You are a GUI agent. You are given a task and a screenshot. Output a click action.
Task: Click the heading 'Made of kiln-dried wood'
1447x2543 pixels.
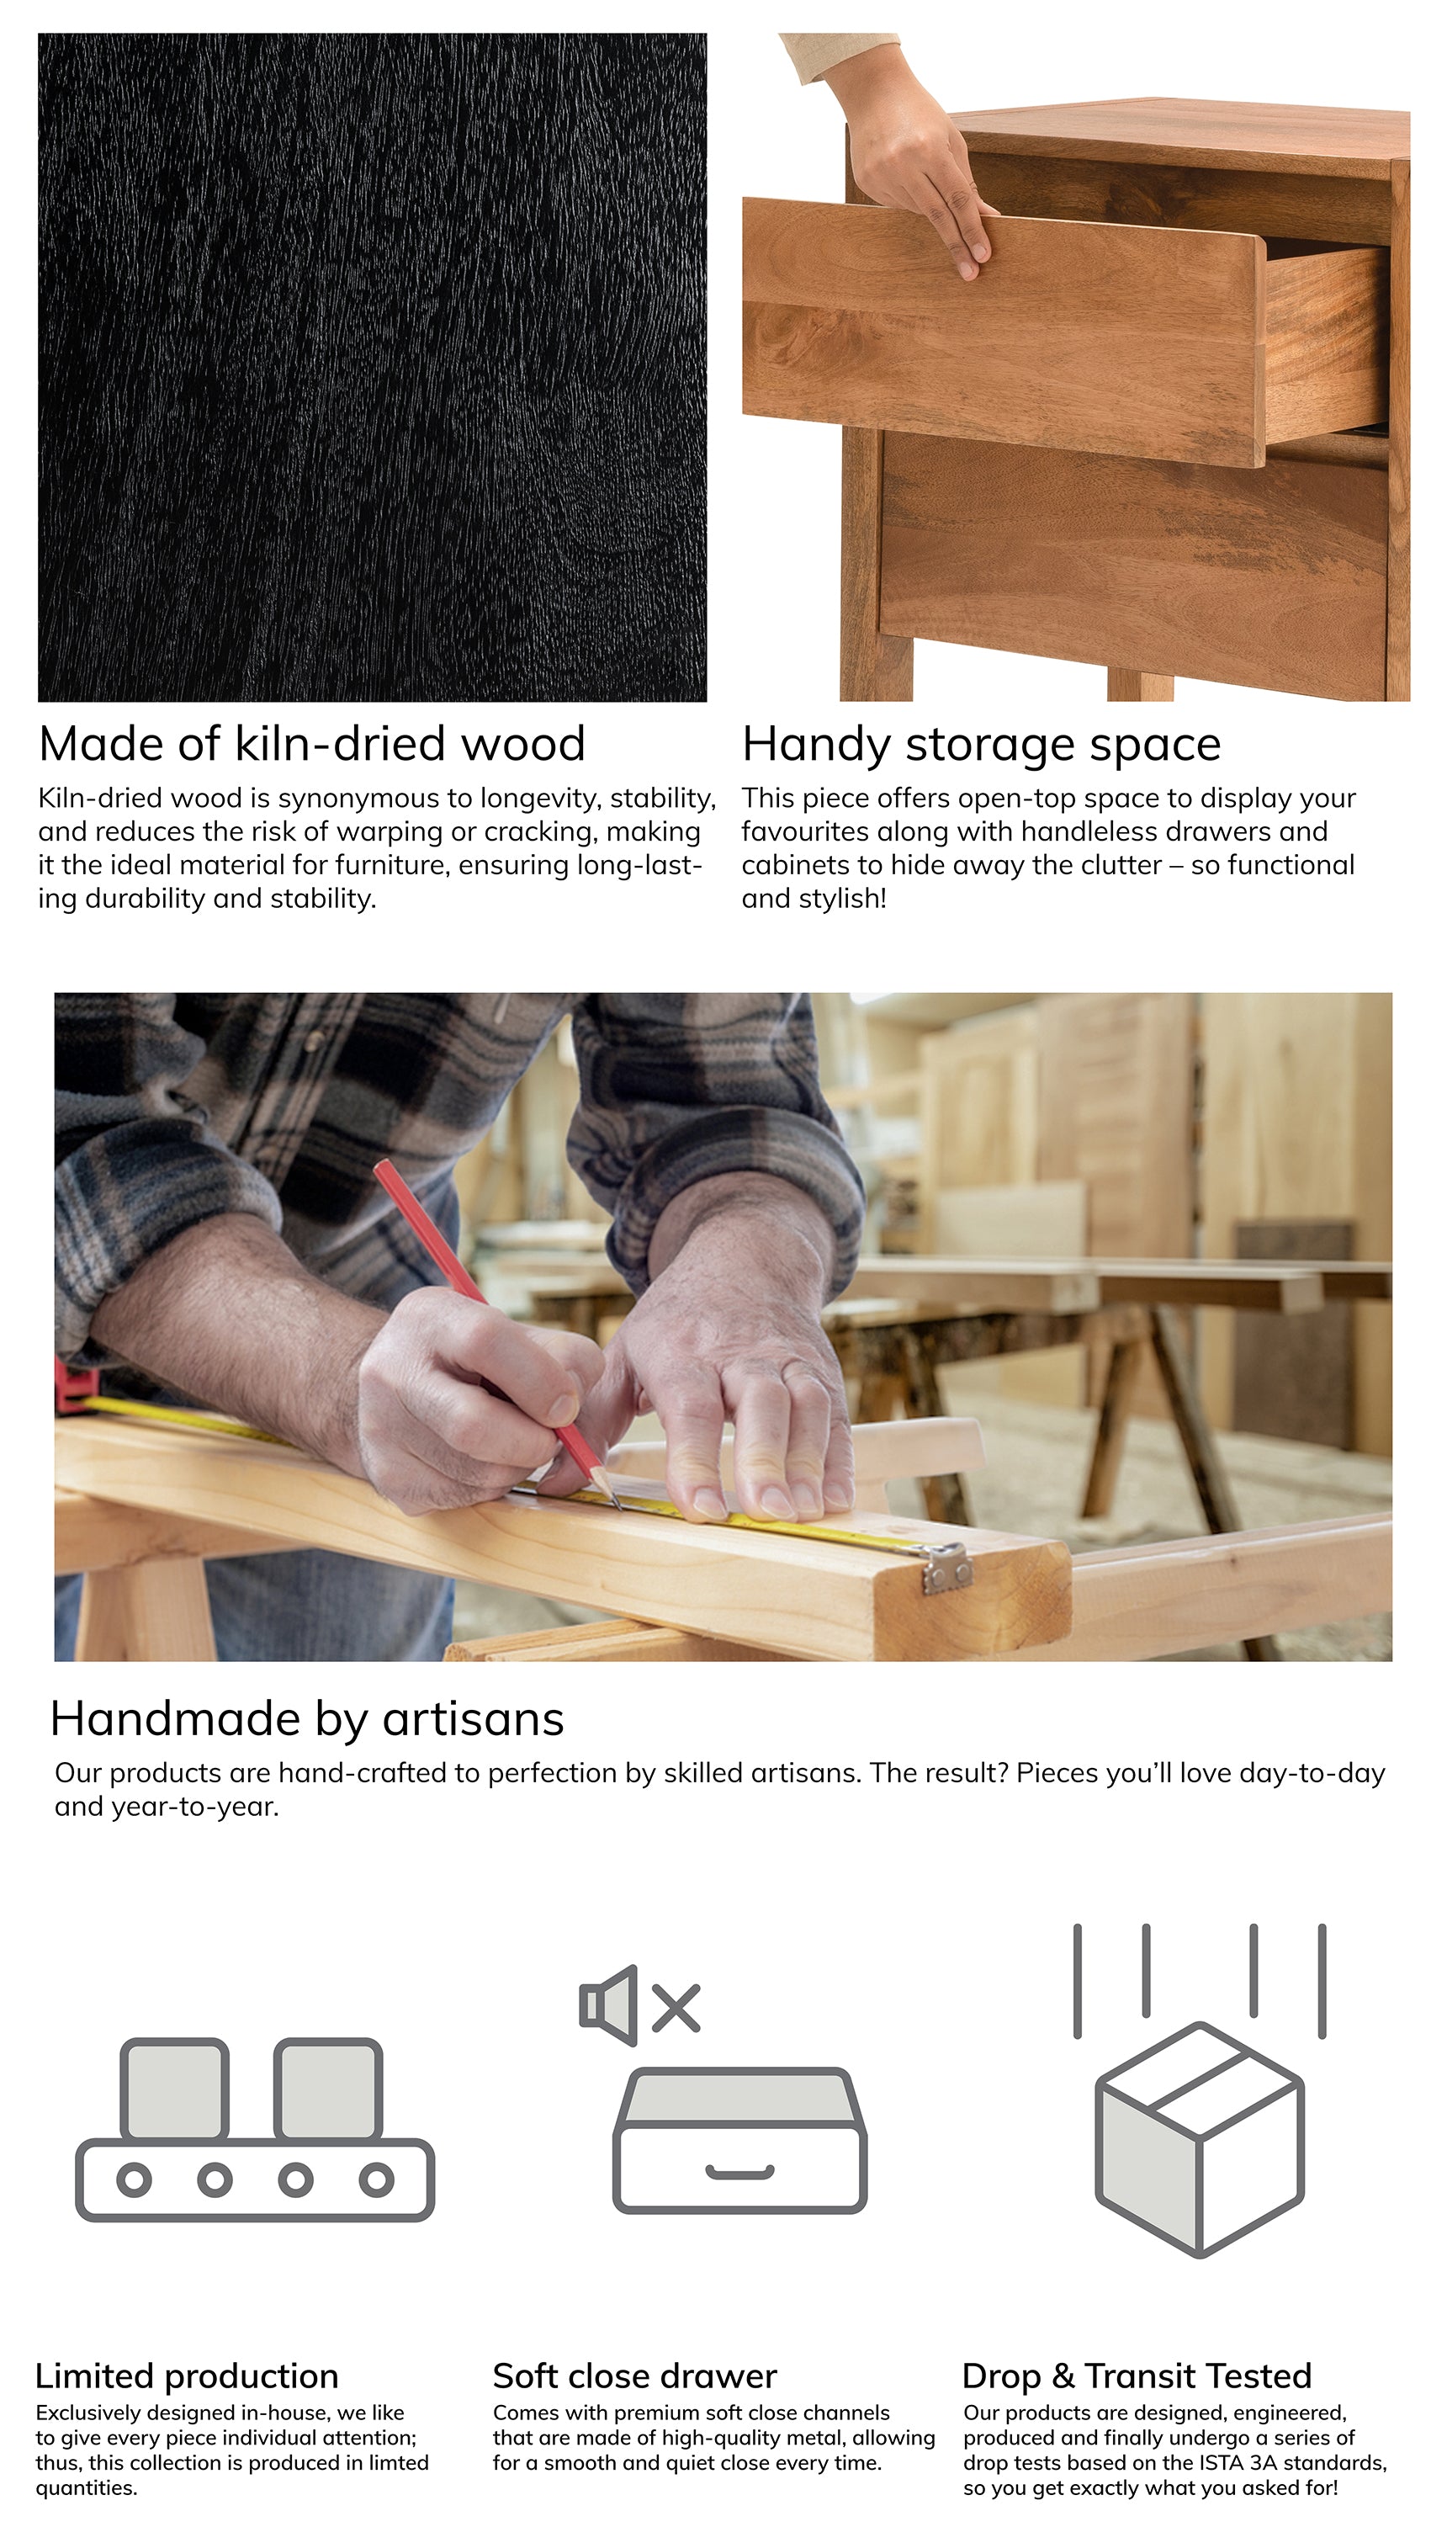pyautogui.click(x=312, y=745)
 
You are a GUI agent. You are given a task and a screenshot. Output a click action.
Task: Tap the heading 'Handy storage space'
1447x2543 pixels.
pyautogui.click(x=981, y=746)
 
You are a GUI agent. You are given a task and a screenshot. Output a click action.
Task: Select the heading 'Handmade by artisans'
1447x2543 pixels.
pyautogui.click(x=307, y=1720)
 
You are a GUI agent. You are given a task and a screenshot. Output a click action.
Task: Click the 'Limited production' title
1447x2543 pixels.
pyautogui.click(x=187, y=2376)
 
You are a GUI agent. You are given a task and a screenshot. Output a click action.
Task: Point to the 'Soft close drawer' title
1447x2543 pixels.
pyautogui.click(x=634, y=2376)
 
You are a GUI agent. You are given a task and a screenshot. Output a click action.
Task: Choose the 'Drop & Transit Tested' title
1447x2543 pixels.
pyautogui.click(x=1137, y=2376)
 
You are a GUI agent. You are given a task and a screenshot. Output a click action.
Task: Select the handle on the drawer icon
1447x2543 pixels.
pyautogui.click(x=739, y=2174)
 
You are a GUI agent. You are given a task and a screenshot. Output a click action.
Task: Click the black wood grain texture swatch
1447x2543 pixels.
pyautogui.click(x=373, y=368)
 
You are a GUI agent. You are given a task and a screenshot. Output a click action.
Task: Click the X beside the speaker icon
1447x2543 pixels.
pyautogui.click(x=676, y=2006)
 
